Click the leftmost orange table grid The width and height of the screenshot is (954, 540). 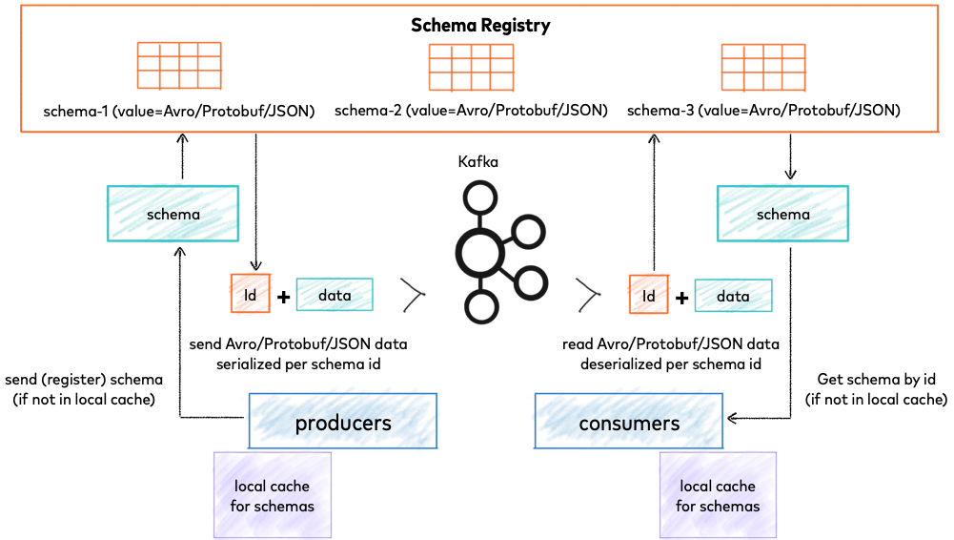point(179,66)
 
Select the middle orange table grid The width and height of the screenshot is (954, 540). point(471,67)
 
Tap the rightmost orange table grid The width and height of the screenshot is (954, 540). point(762,67)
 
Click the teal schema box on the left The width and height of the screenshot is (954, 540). point(173,214)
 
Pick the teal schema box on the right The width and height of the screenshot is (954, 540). point(782,214)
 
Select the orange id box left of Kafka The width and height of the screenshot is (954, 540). point(251,295)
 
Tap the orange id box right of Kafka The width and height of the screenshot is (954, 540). point(649,295)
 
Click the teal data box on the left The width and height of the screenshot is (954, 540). point(335,295)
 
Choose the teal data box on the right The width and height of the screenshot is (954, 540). point(733,295)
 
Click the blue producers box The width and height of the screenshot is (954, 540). point(343,422)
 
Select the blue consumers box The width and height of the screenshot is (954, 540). point(629,422)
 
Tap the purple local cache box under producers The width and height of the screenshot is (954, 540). point(273,495)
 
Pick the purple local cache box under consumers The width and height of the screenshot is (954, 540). point(718,495)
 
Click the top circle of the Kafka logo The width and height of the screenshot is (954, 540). point(480,198)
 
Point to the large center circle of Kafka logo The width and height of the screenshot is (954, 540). point(479,252)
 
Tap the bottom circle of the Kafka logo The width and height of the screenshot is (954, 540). point(481,306)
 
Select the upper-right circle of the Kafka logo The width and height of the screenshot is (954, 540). point(527,231)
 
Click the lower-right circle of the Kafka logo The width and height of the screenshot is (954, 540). point(530,282)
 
